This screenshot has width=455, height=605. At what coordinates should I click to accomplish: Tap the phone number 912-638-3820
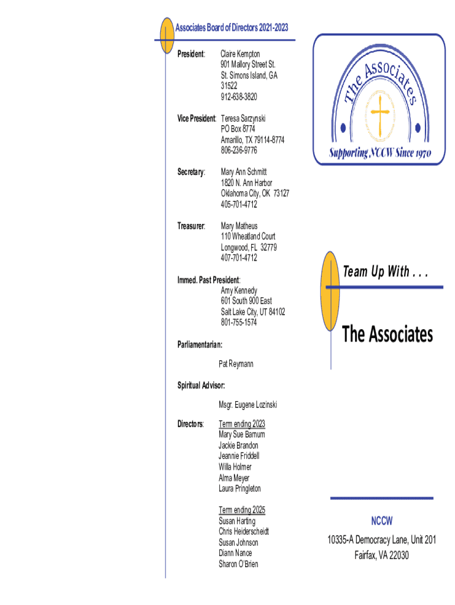point(239,97)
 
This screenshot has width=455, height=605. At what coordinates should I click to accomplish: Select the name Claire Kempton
point(240,54)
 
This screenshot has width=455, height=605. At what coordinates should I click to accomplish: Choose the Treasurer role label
point(191,226)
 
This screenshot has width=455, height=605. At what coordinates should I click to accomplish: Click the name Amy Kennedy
point(239,290)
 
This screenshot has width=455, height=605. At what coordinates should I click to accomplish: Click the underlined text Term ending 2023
point(242,424)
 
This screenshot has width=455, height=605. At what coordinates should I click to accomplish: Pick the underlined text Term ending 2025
point(242,510)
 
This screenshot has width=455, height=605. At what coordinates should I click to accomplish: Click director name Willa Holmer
point(235,467)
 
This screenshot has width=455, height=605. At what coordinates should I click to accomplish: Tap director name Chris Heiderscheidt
point(243,531)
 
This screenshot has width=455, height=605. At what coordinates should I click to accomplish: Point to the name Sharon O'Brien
point(238,564)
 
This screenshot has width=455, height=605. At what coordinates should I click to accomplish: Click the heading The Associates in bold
point(388,334)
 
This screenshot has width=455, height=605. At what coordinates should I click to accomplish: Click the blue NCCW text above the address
point(382,521)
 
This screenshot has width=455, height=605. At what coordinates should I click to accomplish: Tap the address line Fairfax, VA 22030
point(382,555)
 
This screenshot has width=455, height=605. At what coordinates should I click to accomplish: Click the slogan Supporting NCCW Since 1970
point(380,154)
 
